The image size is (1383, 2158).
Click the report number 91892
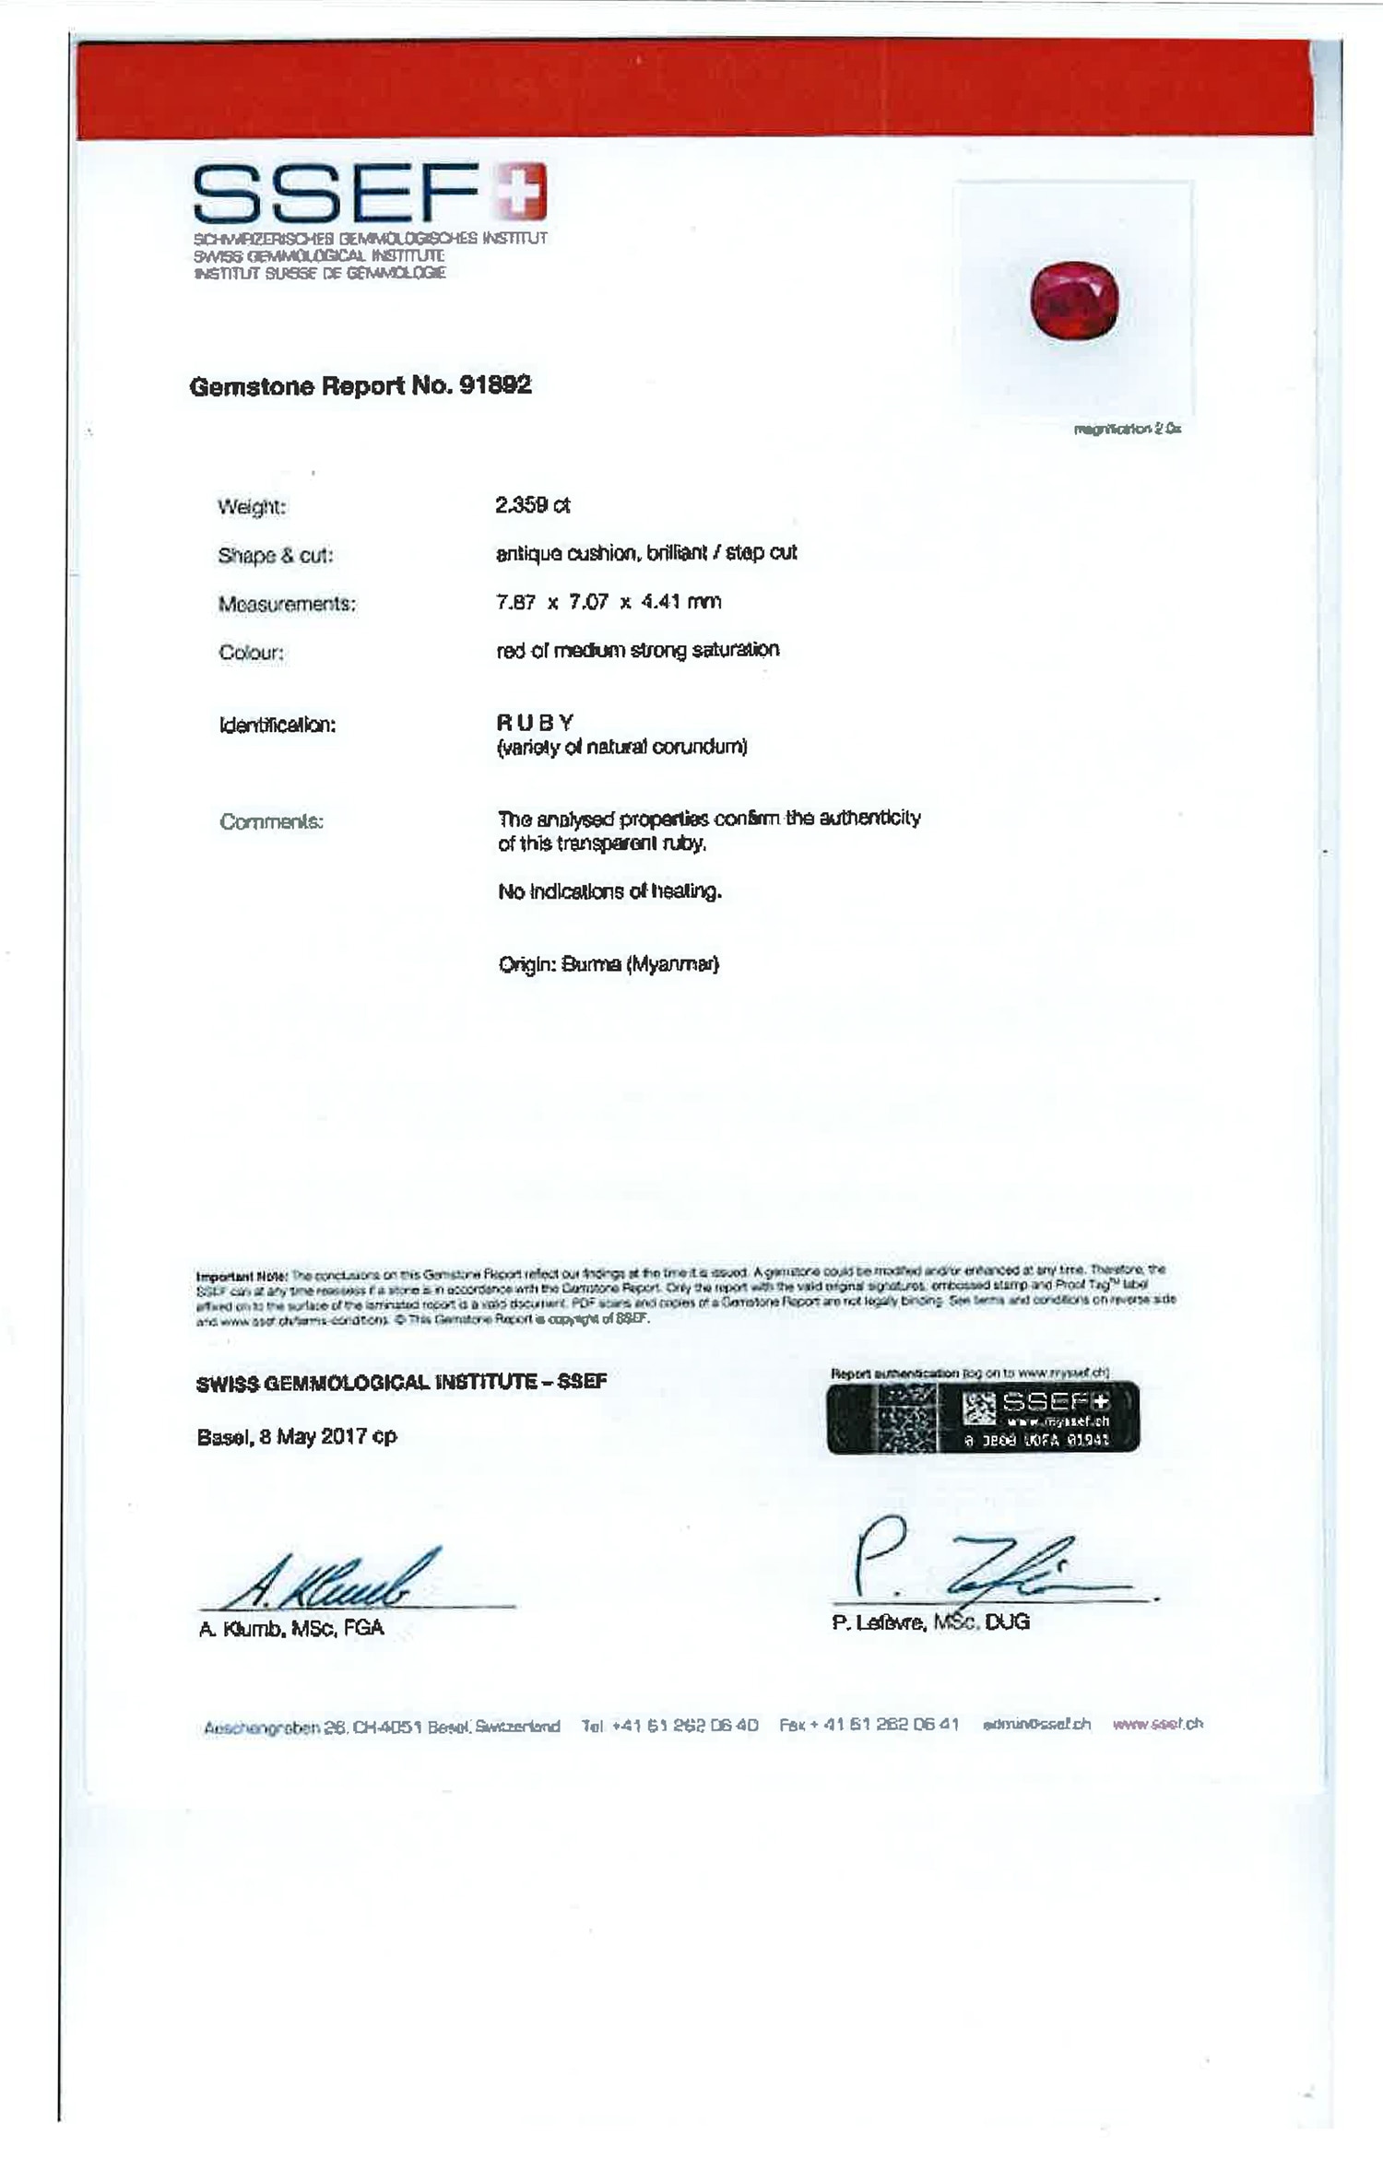point(495,385)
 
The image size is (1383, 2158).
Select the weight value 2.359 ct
point(533,505)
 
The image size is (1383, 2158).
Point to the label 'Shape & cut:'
point(275,555)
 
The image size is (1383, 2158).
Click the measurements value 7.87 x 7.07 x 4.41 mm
point(609,602)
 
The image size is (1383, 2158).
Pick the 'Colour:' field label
point(251,653)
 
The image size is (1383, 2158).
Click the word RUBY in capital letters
point(535,722)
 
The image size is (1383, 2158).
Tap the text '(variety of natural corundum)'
point(621,747)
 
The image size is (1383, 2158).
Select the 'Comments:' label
point(271,821)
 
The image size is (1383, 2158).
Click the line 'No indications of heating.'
point(609,891)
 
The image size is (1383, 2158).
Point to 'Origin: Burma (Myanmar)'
point(609,964)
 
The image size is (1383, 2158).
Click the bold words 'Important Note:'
point(242,1277)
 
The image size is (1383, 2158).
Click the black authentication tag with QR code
point(983,1418)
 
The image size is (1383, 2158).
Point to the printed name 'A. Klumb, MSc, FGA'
point(291,1628)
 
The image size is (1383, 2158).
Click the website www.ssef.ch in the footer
point(1157,1724)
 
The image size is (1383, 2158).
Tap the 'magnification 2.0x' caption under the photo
point(1127,429)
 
